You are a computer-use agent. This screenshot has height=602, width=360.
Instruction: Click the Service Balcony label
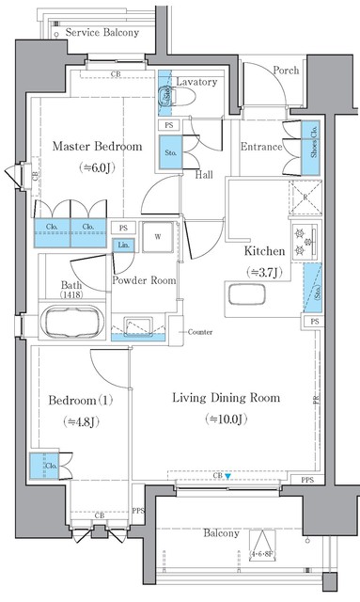click(x=96, y=32)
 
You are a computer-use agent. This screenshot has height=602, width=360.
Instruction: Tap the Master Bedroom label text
click(x=97, y=146)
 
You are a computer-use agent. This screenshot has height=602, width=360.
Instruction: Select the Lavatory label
click(x=196, y=82)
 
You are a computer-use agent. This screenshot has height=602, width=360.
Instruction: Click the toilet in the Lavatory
click(x=165, y=94)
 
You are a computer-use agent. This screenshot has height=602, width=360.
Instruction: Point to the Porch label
click(x=287, y=71)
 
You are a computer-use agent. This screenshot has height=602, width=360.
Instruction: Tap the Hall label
click(x=204, y=174)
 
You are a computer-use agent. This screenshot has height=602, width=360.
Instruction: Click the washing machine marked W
click(x=157, y=236)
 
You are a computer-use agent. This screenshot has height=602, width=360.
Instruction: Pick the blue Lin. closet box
click(x=123, y=246)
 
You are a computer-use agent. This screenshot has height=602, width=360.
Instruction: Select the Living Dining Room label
click(x=226, y=398)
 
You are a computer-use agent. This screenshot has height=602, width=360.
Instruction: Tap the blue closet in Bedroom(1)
click(x=43, y=466)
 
